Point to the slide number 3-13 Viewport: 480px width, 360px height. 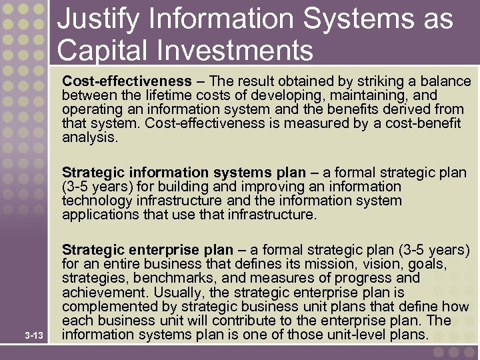pos(34,334)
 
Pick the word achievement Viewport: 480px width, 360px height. pos(105,292)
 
